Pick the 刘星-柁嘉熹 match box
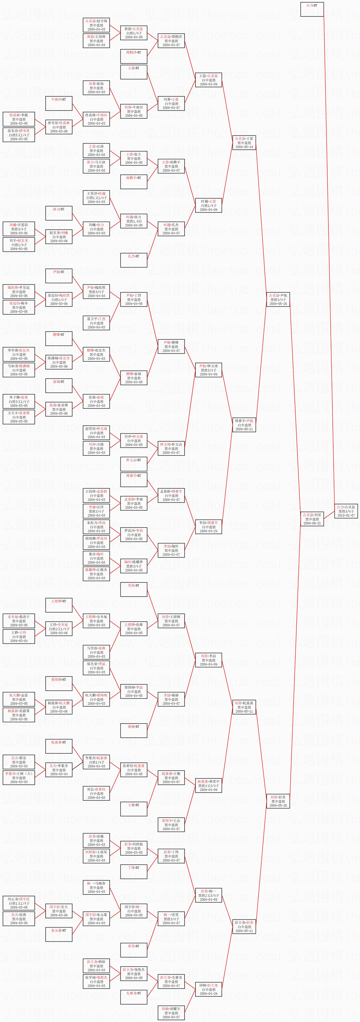coord(244,707)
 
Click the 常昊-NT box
coord(134,950)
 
